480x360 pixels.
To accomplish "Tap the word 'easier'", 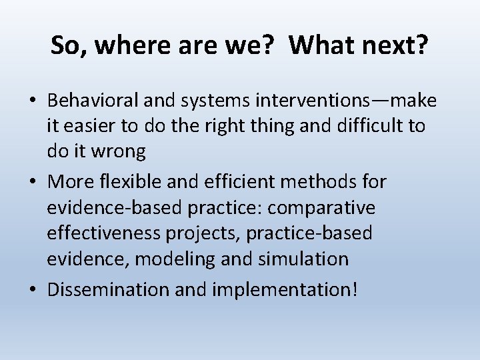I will pos(93,126).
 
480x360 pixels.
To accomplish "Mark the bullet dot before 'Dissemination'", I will pos(33,290).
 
